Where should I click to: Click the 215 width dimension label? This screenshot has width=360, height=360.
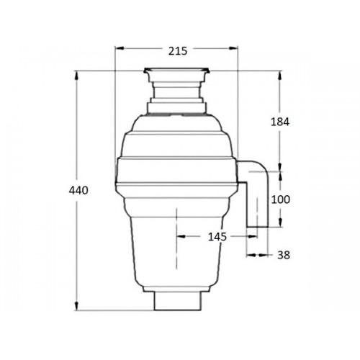178,51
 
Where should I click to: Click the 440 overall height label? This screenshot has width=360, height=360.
78,191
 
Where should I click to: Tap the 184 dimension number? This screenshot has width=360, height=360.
280,122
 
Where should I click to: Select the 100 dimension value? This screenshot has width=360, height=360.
281,199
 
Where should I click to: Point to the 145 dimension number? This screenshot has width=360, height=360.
217,237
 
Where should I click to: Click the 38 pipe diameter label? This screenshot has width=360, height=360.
284,255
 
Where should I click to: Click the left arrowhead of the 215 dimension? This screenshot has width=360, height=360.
120,48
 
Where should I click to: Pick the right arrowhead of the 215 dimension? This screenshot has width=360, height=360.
233,48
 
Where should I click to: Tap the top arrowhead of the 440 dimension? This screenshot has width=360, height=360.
76,76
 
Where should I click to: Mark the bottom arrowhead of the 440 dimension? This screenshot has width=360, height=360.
76,305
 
